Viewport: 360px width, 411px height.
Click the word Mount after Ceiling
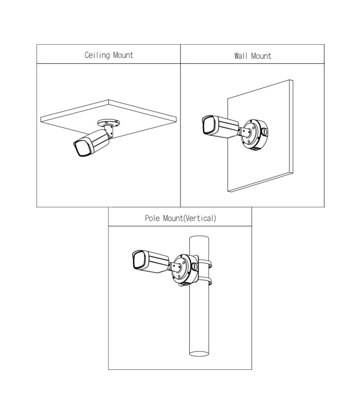point(123,55)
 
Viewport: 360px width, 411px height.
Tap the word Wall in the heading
point(241,56)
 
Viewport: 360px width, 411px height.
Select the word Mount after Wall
point(261,56)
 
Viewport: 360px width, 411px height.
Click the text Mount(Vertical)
point(190,218)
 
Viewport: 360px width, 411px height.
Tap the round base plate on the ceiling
point(109,122)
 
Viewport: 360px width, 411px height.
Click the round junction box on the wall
point(255,135)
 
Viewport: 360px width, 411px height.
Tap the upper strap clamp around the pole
point(205,264)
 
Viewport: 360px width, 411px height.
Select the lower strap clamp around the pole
point(205,281)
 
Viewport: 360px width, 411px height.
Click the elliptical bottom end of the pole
point(199,353)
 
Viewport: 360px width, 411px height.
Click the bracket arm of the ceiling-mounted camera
point(109,130)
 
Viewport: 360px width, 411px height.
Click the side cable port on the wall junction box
point(264,132)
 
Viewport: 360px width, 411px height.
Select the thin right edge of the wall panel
point(292,126)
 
